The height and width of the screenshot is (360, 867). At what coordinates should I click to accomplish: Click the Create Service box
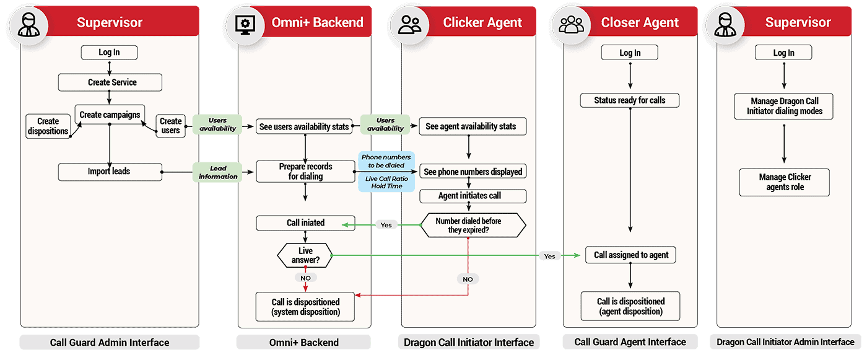pyautogui.click(x=110, y=82)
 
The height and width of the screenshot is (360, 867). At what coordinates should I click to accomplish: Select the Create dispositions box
pyautogui.click(x=48, y=126)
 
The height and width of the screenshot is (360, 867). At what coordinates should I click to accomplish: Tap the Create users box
pyautogui.click(x=170, y=126)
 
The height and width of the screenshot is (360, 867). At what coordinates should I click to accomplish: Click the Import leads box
pyautogui.click(x=110, y=172)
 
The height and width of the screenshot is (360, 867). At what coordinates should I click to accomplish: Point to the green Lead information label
pyautogui.click(x=217, y=172)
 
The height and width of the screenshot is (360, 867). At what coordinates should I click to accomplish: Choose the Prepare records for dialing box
pyautogui.click(x=305, y=172)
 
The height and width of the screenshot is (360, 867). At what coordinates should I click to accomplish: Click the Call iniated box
pyautogui.click(x=305, y=223)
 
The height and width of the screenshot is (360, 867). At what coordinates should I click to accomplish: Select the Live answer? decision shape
pyautogui.click(x=305, y=255)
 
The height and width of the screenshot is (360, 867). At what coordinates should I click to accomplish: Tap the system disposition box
pyautogui.click(x=305, y=307)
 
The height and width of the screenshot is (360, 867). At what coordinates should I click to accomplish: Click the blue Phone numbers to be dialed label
pyautogui.click(x=386, y=161)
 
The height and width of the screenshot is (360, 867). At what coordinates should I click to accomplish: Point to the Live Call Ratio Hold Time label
pyautogui.click(x=386, y=182)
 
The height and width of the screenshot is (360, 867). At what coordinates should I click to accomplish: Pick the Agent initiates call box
pyautogui.click(x=473, y=196)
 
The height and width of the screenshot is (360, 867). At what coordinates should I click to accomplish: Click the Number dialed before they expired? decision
pyautogui.click(x=473, y=226)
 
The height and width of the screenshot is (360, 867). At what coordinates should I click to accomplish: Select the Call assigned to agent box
pyautogui.click(x=631, y=255)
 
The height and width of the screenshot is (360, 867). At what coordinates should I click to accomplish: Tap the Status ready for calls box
pyautogui.click(x=630, y=100)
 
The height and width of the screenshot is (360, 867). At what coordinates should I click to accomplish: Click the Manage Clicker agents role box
pyautogui.click(x=785, y=182)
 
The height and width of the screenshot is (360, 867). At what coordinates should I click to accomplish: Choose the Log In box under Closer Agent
pyautogui.click(x=630, y=53)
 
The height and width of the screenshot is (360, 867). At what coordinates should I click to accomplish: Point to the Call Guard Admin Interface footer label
pyautogui.click(x=110, y=342)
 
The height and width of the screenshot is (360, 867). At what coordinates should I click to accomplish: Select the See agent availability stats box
pyautogui.click(x=473, y=126)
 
